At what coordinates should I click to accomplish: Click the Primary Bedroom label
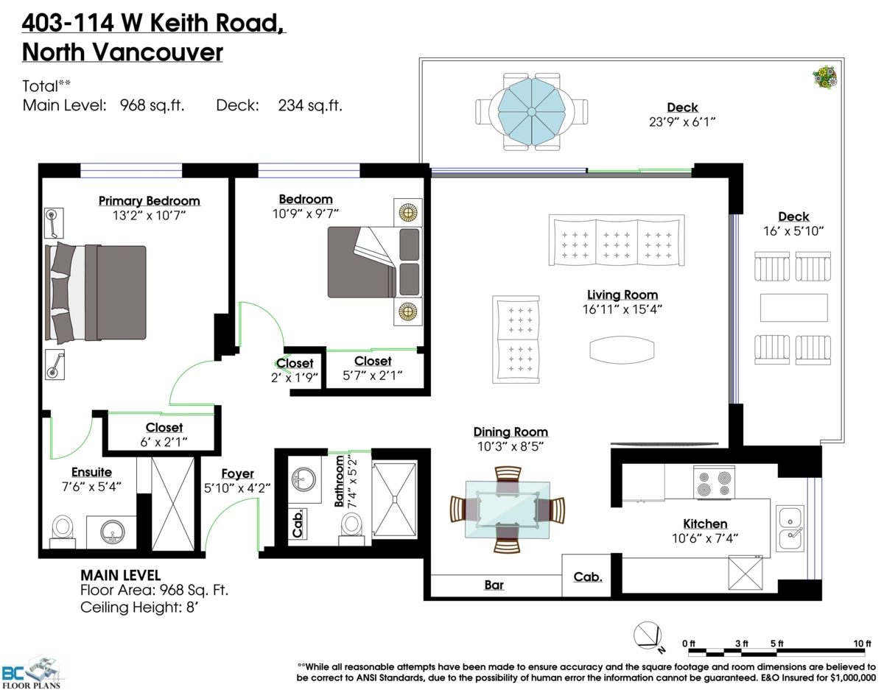(150, 201)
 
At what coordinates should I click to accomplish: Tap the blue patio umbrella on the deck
(531, 111)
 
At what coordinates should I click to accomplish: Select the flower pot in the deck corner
(824, 77)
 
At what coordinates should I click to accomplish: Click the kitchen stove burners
(714, 482)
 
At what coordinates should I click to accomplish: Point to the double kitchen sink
(790, 528)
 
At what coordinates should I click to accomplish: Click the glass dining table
(508, 510)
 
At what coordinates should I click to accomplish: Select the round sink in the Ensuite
(113, 532)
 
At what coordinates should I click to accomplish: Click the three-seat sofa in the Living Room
(617, 240)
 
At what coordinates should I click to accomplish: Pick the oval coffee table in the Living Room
(622, 350)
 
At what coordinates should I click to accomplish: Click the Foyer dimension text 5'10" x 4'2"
(237, 488)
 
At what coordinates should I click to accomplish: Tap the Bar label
(494, 585)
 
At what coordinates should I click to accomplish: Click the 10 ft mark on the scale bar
(862, 644)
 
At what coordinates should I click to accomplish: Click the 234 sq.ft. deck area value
(310, 106)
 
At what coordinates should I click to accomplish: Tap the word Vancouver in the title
(158, 52)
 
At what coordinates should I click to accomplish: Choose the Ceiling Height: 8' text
(139, 608)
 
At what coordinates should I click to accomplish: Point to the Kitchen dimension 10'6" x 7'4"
(705, 538)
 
